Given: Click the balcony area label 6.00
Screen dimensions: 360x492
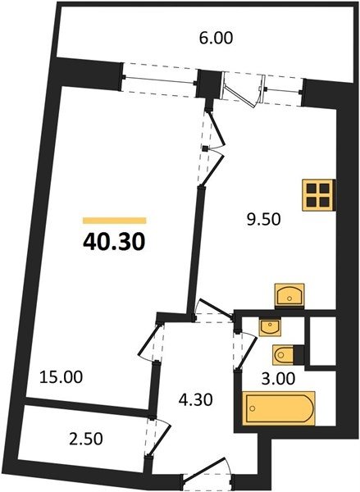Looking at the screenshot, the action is click(216, 39).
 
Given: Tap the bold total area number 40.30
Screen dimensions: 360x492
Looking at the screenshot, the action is click(114, 242).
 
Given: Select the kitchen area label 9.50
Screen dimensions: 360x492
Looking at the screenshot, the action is click(263, 220).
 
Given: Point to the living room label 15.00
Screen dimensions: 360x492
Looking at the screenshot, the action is click(62, 377).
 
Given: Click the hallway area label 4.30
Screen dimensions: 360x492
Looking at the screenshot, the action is click(195, 400).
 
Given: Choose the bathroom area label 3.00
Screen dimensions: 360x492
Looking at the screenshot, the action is click(278, 378).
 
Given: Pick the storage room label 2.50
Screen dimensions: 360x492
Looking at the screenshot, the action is click(85, 439).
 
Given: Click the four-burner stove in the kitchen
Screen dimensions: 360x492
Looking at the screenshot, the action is click(318, 195).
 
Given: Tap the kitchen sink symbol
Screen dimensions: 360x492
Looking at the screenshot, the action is click(289, 295).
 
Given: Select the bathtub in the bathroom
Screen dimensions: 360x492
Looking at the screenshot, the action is click(278, 408).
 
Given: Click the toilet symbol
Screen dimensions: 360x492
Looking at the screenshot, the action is click(284, 355).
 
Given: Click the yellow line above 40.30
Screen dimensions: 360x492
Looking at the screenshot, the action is click(115, 221).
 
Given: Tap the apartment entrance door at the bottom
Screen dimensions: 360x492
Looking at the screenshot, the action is click(207, 475).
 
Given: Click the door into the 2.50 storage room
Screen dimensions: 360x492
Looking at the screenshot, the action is click(158, 437).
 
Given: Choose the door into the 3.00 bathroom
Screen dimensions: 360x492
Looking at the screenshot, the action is click(245, 349).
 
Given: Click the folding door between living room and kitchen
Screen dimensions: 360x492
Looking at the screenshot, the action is click(212, 148).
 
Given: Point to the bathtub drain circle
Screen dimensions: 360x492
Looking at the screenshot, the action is click(252, 408).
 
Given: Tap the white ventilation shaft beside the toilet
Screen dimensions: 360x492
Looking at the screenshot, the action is click(322, 341).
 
